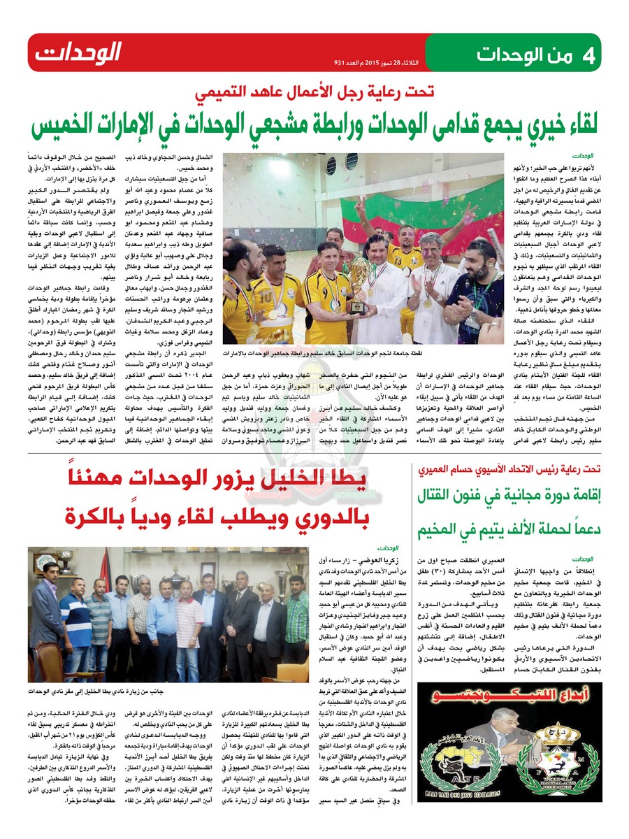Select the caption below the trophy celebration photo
(363, 354)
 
